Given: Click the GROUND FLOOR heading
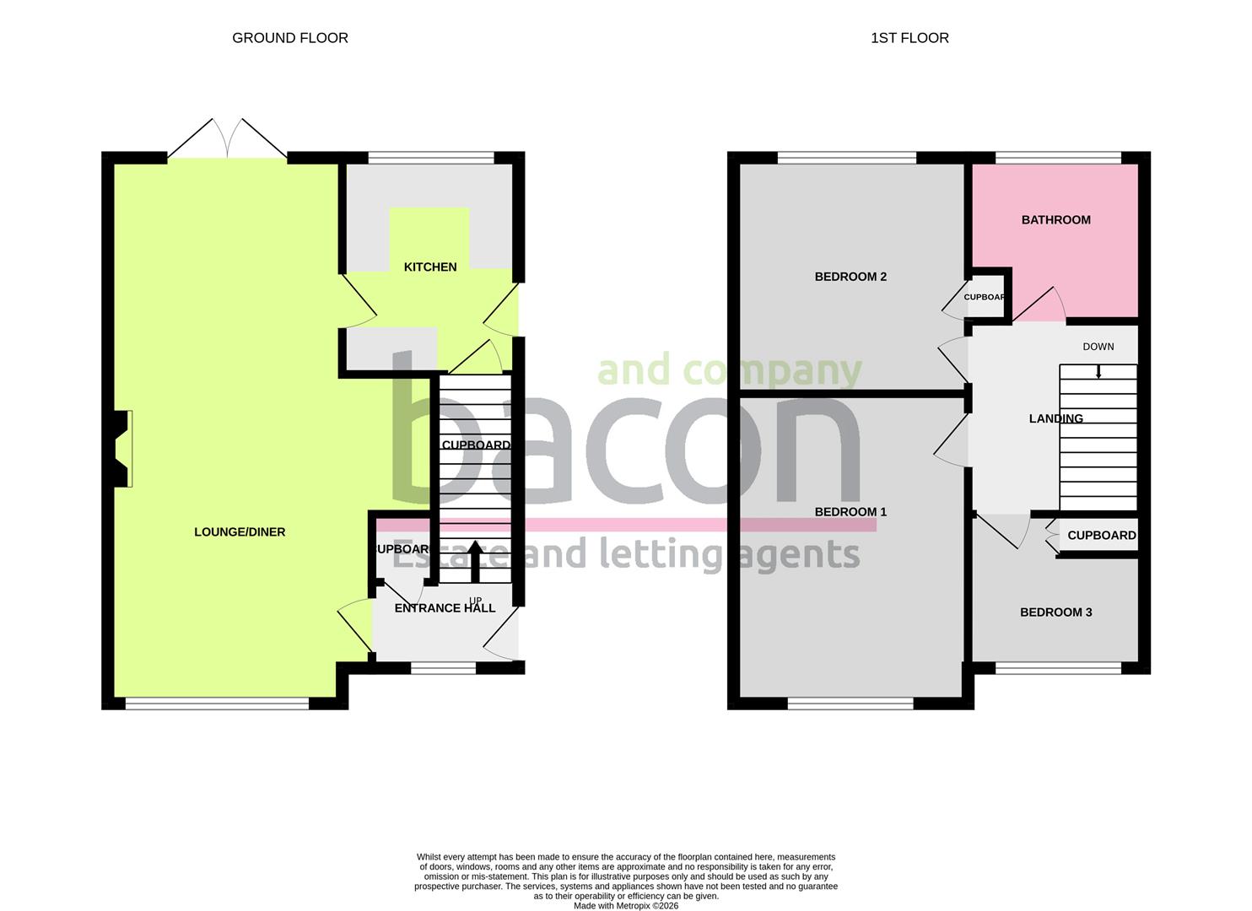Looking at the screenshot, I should (289, 38).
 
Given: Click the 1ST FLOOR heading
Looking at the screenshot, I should (909, 38).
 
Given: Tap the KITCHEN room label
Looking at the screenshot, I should (430, 267).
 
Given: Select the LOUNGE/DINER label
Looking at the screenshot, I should (240, 532).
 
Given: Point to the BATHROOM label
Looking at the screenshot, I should (1055, 220).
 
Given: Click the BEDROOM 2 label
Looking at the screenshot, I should (850, 277).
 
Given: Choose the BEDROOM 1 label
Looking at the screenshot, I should (850, 512).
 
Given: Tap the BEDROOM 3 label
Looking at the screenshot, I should (1055, 612).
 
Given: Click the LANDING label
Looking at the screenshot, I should (1055, 418).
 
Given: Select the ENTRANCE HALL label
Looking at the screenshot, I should (445, 608).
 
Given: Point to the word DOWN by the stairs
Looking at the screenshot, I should (1098, 347).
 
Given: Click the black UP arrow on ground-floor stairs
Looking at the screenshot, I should (475, 560).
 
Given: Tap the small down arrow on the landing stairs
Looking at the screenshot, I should (1098, 371).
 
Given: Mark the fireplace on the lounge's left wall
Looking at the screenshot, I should (123, 449).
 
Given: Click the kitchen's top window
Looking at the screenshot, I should (431, 157).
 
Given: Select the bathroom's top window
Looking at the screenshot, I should (1058, 157).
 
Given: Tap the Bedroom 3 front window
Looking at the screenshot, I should (1058, 668).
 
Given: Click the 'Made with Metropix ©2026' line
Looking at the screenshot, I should (625, 906).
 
